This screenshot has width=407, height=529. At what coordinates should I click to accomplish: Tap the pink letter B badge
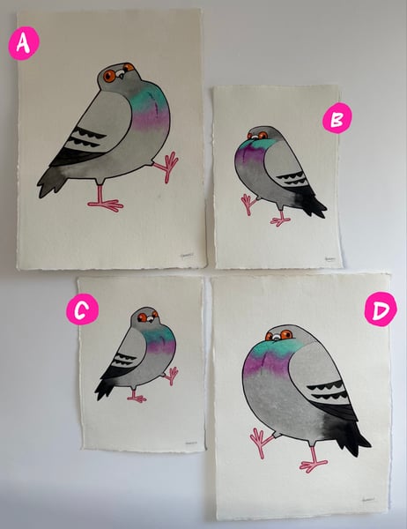[336, 118]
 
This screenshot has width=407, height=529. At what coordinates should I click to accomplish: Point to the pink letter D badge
[379, 309]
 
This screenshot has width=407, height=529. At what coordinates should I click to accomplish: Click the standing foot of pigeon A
[106, 205]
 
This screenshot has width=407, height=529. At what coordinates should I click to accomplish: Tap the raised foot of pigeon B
[248, 204]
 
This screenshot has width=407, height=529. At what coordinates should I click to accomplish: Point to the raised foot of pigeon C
[172, 375]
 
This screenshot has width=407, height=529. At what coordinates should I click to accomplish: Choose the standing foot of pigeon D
[312, 464]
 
